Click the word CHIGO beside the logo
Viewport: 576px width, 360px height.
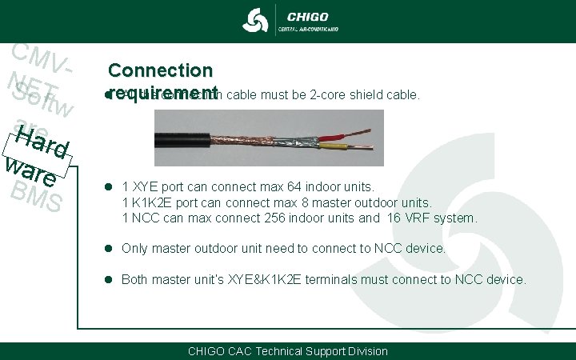coord(307,14)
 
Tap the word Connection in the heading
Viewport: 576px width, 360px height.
coord(161,71)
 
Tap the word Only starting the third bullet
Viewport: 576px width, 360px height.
coord(135,249)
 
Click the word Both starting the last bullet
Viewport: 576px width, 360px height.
coord(136,279)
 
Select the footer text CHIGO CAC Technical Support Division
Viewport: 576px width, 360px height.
coord(287,351)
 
